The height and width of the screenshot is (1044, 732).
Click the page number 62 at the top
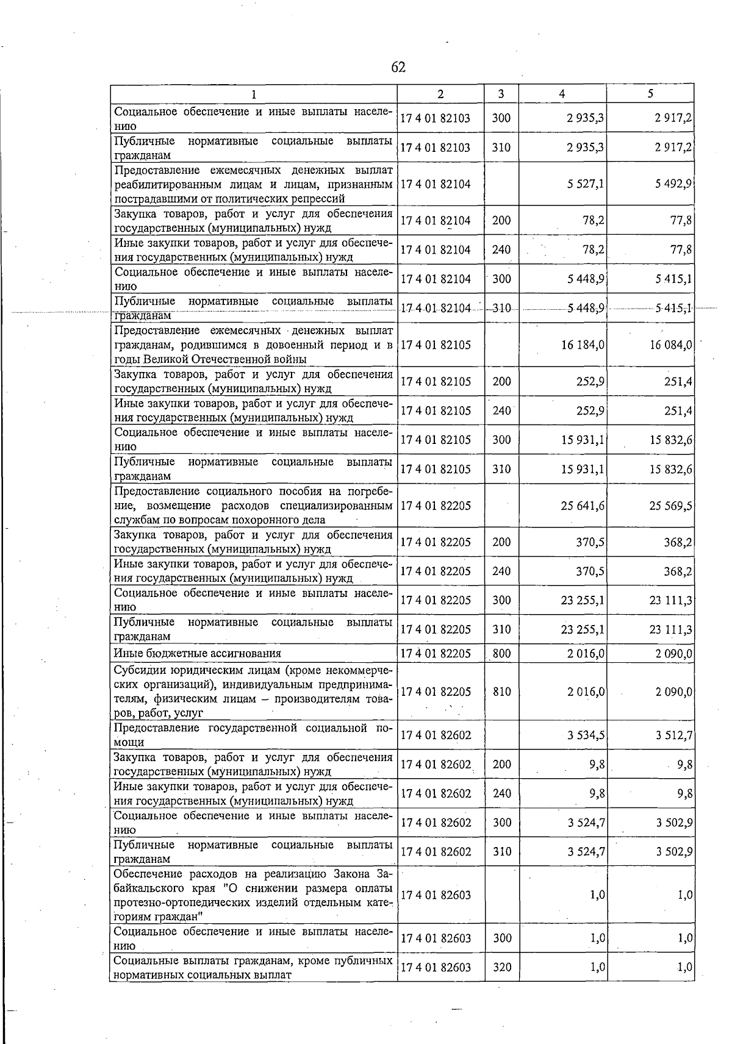398,67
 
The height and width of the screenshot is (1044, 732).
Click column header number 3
501,94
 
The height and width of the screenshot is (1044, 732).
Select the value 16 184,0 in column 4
583,345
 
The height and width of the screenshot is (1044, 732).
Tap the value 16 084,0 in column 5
670,345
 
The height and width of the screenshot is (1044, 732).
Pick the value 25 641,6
583,506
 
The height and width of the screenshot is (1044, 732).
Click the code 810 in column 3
501,692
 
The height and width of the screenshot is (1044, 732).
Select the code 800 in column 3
501,654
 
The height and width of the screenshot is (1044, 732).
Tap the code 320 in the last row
501,967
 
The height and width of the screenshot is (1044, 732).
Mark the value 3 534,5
586,735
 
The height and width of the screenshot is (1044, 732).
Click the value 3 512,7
673,735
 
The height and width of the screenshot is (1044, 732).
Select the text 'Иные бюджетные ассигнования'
198,654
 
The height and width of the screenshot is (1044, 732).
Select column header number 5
650,94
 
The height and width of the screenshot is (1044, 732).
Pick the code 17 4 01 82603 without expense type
436,895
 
